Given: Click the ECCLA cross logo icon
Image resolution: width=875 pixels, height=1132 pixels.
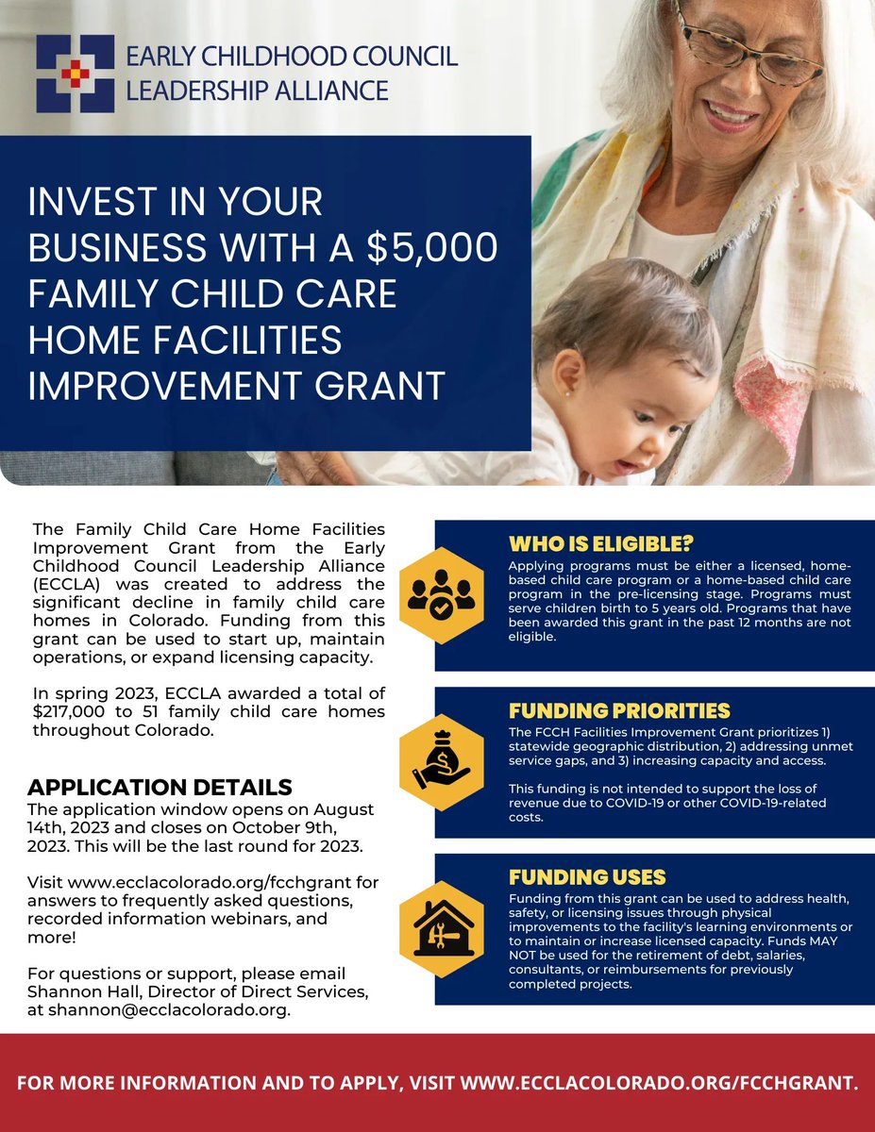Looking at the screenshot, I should [x=75, y=74].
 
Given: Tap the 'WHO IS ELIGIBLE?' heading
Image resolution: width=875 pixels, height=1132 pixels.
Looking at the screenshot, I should [x=602, y=544].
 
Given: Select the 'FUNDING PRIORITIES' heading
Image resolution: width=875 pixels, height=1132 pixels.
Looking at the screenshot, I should [x=619, y=710].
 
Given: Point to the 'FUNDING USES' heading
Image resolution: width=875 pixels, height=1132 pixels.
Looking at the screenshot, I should [x=587, y=876].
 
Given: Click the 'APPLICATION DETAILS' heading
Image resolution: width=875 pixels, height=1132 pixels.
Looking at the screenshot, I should [x=160, y=787].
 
